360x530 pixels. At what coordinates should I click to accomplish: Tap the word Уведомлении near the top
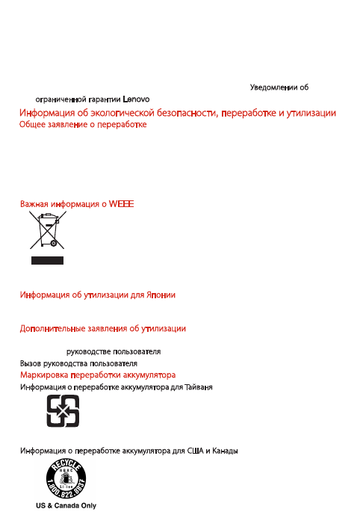click(273, 87)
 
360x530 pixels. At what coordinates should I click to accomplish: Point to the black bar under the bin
click(46, 260)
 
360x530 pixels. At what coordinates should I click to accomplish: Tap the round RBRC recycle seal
click(66, 479)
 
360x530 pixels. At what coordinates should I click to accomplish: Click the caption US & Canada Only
click(66, 505)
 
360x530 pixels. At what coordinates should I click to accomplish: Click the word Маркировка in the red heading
click(44, 374)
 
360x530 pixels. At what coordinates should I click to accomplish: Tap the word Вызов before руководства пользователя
click(31, 362)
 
